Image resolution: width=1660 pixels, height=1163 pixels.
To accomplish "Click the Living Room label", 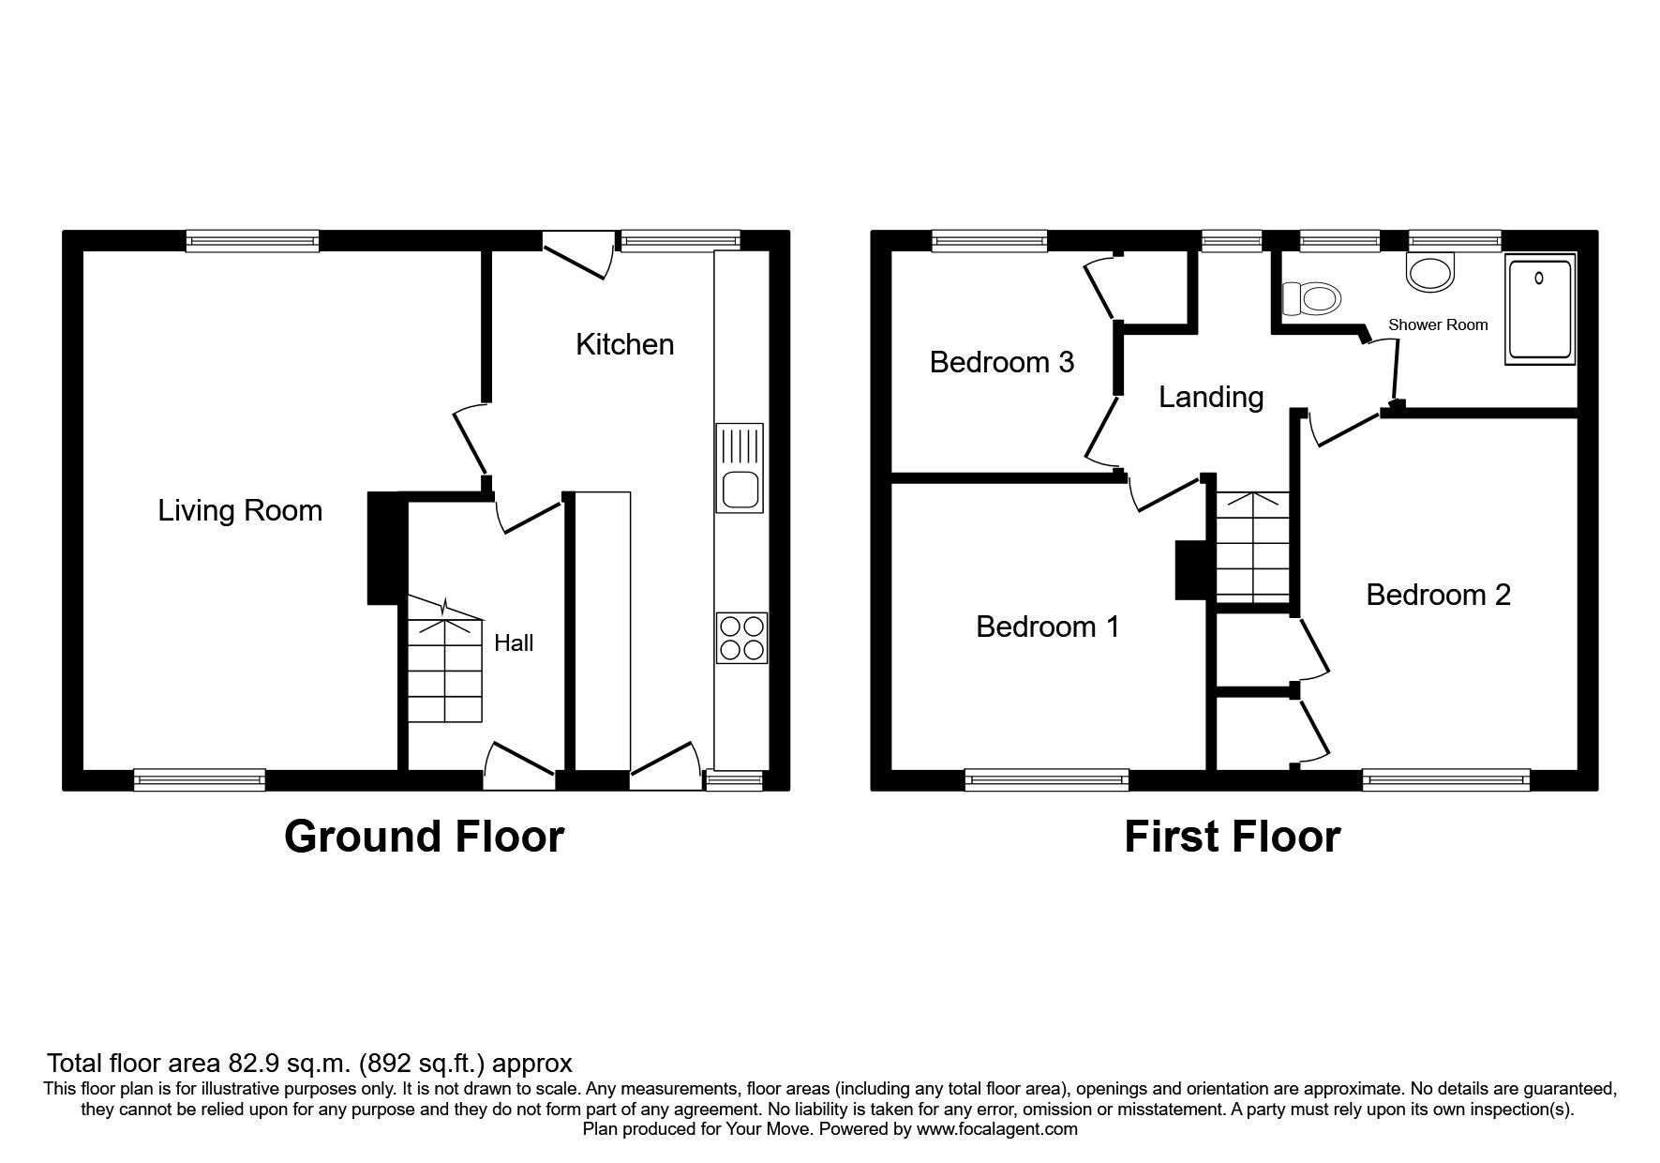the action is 240,510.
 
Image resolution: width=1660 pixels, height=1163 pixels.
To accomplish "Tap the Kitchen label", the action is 624,344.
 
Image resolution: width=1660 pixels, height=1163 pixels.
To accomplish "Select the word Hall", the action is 514,642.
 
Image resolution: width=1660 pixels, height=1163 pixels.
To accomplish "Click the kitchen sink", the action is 740,468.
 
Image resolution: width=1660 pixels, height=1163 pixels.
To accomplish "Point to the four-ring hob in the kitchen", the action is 741,638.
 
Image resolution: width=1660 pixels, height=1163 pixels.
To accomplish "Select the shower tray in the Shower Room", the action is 1540,309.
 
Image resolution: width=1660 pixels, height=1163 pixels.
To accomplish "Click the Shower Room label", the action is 1438,325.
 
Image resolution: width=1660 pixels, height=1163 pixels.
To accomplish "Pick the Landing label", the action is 1211,397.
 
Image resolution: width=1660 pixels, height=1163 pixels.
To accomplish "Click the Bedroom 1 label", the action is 1047,626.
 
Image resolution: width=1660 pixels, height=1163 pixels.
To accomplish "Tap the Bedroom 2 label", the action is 1438,595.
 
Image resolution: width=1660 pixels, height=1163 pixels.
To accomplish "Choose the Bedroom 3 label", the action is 1001,362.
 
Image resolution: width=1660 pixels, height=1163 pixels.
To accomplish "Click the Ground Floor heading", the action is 424,837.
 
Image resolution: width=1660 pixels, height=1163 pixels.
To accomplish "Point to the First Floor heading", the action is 1232,837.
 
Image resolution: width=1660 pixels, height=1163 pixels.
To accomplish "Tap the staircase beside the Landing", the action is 1253,547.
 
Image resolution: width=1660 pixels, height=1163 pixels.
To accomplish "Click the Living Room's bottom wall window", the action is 199,778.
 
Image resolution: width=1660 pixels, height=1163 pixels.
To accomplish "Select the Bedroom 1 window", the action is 1046,778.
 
